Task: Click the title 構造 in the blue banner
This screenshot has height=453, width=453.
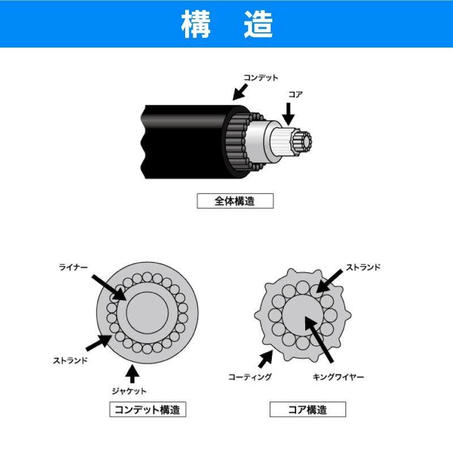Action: tap(227, 24)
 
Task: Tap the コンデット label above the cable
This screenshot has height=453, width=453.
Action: tap(260, 78)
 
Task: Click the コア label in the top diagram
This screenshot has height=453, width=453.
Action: tap(295, 95)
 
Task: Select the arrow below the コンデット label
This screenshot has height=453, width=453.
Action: tap(240, 92)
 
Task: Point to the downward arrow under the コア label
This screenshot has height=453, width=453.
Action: tap(288, 114)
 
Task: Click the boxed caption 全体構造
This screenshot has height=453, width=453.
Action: tap(235, 201)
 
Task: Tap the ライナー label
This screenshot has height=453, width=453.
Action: tap(73, 267)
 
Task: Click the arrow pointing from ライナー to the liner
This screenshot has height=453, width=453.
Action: tap(109, 288)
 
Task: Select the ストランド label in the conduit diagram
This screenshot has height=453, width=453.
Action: tap(70, 360)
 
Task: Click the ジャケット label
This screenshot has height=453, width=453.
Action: tap(129, 391)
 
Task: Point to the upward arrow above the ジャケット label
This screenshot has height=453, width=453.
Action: tap(133, 374)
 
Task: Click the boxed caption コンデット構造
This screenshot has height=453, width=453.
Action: tap(148, 409)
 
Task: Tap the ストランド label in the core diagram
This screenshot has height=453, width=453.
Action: tap(363, 267)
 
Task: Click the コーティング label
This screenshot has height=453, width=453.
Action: tap(250, 377)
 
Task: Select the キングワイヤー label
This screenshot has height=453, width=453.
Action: tap(338, 377)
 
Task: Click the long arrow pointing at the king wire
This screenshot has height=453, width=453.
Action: tap(319, 339)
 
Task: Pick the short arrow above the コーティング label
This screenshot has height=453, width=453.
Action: tap(266, 359)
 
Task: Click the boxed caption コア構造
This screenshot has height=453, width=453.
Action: tap(307, 409)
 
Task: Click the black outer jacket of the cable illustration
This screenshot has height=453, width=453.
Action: tap(185, 142)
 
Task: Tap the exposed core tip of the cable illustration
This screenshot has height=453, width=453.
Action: tap(301, 142)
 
